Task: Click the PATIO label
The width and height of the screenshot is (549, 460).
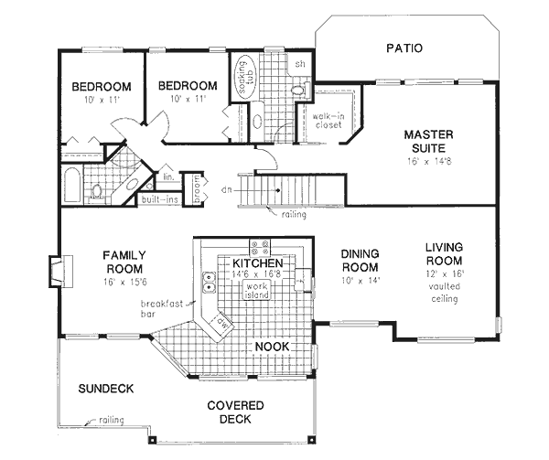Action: click(404, 48)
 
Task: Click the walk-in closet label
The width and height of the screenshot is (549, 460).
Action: click(327, 120)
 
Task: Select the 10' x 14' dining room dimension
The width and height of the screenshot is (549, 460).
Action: click(360, 281)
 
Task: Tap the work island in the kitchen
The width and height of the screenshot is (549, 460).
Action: click(256, 289)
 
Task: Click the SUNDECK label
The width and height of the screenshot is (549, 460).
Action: click(105, 389)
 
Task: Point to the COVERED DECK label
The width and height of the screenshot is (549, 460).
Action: click(235, 412)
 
